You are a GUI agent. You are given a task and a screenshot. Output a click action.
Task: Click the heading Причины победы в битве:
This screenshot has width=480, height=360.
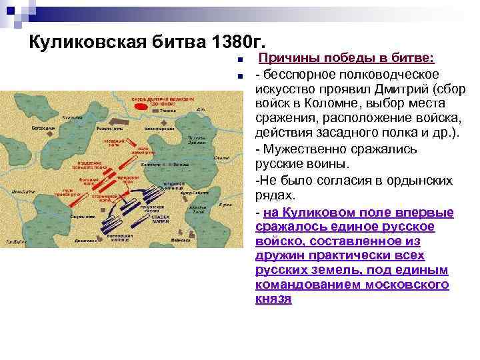click(x=347, y=59)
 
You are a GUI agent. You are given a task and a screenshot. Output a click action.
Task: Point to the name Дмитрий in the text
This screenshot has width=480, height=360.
click(x=407, y=89)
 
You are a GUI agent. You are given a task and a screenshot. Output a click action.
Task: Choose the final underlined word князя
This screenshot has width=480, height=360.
click(x=273, y=299)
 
